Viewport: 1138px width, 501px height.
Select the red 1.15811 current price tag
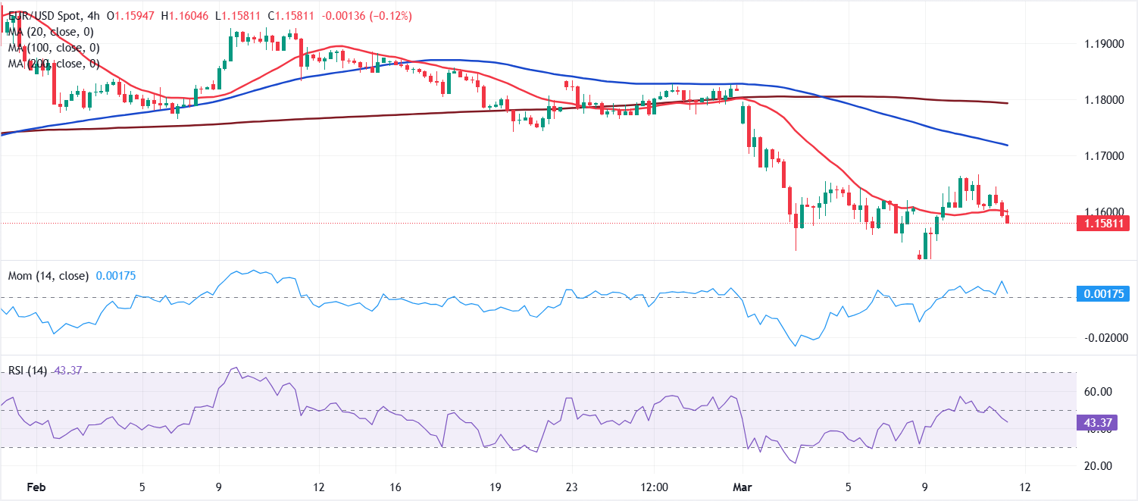(x=1103, y=223)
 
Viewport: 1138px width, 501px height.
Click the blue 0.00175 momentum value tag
(x=1103, y=294)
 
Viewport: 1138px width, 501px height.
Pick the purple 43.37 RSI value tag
(x=1096, y=421)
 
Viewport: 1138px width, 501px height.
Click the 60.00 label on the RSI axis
(x=1097, y=392)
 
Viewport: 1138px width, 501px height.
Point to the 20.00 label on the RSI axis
(x=1097, y=466)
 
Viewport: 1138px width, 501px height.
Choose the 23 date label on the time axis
(x=571, y=486)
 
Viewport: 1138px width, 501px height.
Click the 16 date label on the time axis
(x=395, y=486)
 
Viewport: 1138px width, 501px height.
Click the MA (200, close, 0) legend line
(x=53, y=64)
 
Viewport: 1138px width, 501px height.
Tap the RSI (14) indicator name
(x=27, y=371)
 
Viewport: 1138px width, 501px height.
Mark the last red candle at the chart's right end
(x=1007, y=218)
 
